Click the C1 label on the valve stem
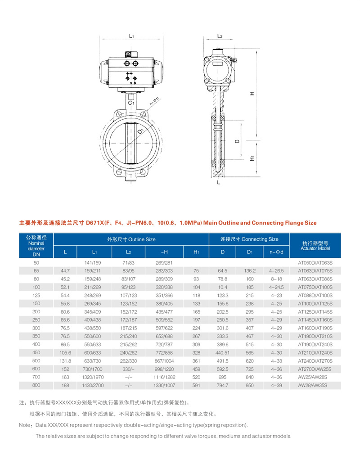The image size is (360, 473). tap(130, 103)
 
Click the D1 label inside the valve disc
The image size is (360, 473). tap(141, 131)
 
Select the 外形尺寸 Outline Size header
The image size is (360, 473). tap(131, 239)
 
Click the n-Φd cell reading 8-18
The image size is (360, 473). tap(276, 279)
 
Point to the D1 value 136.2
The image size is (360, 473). tap(250, 270)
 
